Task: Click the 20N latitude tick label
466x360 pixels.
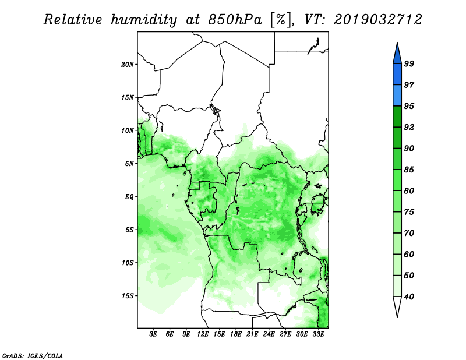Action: coord(128,64)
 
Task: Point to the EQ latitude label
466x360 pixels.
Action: coord(129,197)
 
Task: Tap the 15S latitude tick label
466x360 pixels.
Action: coord(128,296)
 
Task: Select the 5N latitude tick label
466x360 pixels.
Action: coord(129,164)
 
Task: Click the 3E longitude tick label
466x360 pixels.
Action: coord(153,334)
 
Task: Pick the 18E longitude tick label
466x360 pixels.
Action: coord(236,334)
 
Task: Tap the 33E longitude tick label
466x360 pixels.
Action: coord(318,334)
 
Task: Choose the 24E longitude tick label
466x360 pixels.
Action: coord(269,334)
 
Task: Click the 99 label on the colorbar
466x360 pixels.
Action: coord(409,63)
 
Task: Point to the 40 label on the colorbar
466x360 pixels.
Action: coord(409,297)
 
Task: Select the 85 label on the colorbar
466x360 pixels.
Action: coord(409,170)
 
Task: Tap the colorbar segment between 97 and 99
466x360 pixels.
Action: coord(397,75)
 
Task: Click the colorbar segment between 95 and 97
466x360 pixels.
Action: coord(397,96)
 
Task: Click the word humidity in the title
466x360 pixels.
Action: coord(144,20)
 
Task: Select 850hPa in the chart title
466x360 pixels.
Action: coord(235,20)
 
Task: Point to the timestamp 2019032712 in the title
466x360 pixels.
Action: coord(377,20)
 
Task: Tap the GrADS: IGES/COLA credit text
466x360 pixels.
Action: coord(33,356)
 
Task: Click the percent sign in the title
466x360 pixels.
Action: coord(281,20)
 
